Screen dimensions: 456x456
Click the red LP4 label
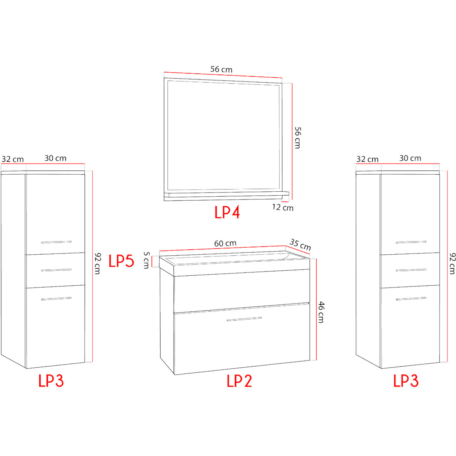227,212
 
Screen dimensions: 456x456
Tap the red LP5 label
121,261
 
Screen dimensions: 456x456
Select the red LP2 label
239,381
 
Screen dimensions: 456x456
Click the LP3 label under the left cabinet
51,381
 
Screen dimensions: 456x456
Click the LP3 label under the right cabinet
406,381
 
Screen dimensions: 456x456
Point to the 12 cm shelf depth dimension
283,208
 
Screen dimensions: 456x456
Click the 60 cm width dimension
225,243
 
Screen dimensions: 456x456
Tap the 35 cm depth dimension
300,245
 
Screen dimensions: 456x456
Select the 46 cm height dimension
321,312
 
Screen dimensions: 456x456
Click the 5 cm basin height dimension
146,260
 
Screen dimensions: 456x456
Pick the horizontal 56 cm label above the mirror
221,69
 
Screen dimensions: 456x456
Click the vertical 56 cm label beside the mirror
298,138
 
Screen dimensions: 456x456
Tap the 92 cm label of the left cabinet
98,263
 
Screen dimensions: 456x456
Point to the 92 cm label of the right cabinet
452,263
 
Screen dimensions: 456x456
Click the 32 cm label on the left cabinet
13,159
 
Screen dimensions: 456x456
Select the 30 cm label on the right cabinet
410,158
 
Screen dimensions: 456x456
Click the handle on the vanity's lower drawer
244,319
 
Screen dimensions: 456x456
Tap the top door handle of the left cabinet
56,242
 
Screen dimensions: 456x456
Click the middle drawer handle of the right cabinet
411,270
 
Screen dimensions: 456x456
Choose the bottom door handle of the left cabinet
56,299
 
